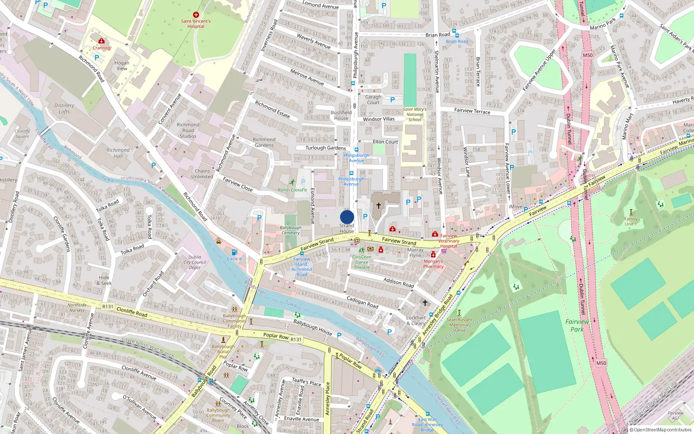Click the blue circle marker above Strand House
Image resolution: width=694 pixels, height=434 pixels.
[347, 217]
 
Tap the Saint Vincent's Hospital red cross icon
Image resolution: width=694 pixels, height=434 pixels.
[196, 15]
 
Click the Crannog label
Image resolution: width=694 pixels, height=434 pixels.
[101, 48]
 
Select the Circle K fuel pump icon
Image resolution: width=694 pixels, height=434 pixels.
[234, 252]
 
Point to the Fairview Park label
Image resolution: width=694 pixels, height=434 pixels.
[577, 325]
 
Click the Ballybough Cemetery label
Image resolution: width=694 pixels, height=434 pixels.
[290, 230]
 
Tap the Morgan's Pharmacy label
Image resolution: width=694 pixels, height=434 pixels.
[433, 264]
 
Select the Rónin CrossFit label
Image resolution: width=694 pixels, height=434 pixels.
[292, 190]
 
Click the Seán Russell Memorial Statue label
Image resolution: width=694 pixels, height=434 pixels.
[459, 325]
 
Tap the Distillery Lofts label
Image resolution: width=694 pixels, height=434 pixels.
[64, 108]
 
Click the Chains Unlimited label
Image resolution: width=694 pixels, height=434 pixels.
[202, 174]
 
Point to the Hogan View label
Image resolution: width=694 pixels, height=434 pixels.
[122, 66]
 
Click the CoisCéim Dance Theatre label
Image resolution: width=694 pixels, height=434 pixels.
[362, 262]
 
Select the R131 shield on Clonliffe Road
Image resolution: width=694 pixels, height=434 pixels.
[108, 306]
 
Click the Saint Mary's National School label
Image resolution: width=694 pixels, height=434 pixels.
[415, 115]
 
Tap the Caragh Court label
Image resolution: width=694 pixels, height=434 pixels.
[373, 100]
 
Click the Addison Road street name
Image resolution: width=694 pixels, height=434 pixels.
[399, 283]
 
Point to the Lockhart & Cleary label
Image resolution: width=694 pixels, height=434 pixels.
[416, 320]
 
